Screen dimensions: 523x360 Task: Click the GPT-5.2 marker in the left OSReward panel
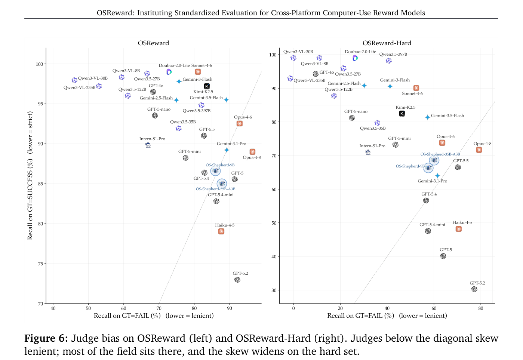(x=237, y=280)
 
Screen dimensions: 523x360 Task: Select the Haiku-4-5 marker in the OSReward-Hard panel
(x=459, y=229)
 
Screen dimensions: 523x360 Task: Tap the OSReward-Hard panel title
(x=387, y=43)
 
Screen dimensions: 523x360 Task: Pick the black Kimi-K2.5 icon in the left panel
(x=207, y=86)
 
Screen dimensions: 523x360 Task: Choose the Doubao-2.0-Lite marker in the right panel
(x=355, y=58)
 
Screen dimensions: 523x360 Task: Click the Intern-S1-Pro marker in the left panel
(x=148, y=145)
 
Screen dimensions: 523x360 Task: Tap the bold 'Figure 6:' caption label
(x=46, y=338)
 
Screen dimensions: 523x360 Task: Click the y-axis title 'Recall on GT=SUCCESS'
(x=30, y=199)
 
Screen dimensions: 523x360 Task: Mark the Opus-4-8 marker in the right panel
(x=479, y=150)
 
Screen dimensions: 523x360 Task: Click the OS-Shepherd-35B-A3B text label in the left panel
(x=215, y=189)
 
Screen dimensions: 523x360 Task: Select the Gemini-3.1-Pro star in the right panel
(x=437, y=175)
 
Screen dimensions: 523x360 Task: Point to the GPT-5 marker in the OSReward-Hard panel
(x=443, y=256)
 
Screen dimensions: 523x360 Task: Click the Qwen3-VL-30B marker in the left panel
(x=74, y=80)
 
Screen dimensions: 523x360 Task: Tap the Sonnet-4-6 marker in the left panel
(x=198, y=72)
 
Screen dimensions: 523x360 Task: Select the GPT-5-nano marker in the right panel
(x=352, y=118)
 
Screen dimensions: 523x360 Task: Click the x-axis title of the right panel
(x=387, y=316)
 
